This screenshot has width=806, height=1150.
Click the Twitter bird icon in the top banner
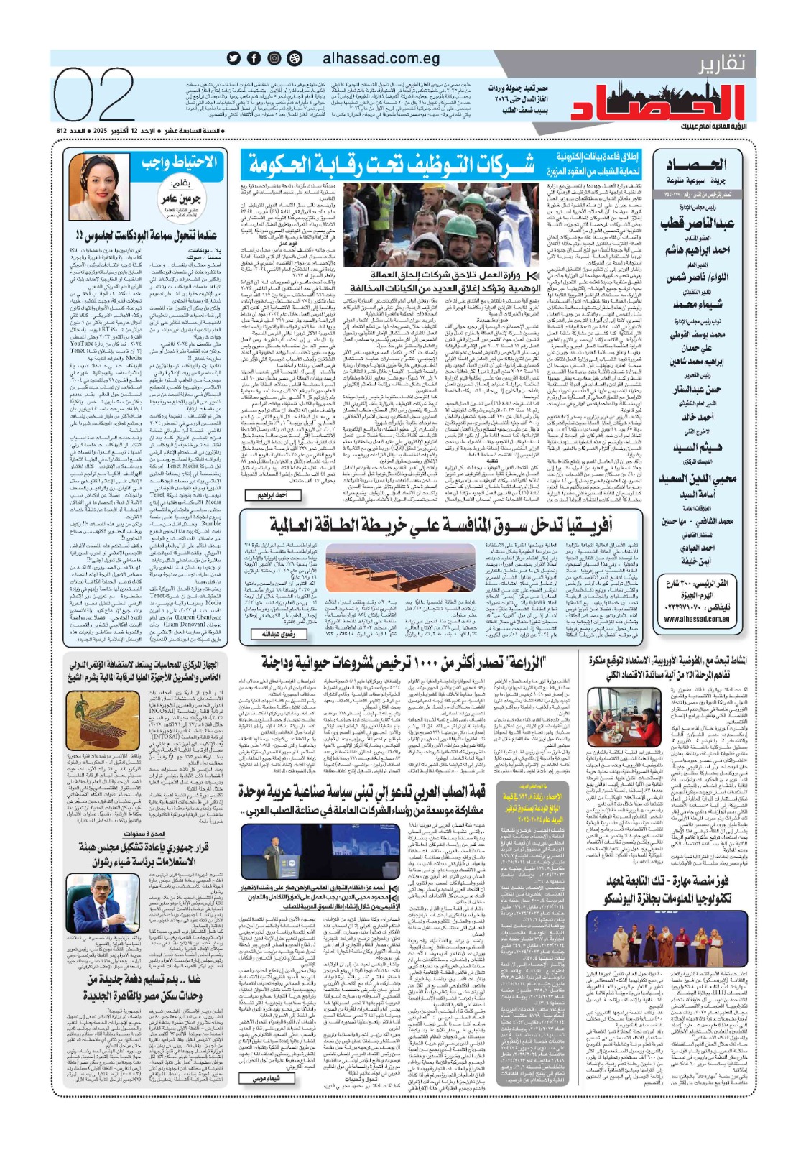[233, 59]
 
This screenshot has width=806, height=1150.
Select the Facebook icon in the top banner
[254, 59]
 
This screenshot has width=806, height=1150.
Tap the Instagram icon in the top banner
[274, 59]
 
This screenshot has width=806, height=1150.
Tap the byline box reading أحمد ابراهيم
[272, 495]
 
